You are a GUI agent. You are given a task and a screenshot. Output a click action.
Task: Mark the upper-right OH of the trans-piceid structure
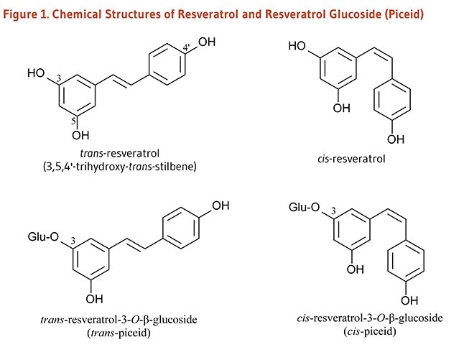(x=221, y=206)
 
